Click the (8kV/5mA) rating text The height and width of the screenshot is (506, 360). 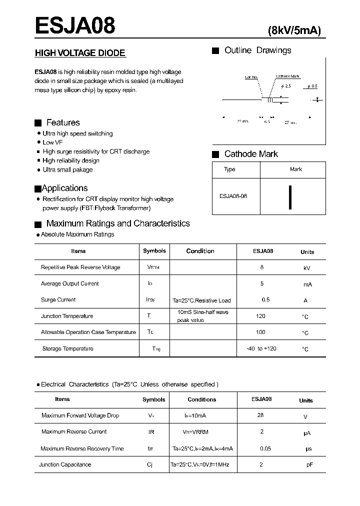(x=294, y=30)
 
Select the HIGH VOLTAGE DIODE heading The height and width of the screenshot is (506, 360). (x=79, y=53)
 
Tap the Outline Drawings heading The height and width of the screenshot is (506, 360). (x=257, y=50)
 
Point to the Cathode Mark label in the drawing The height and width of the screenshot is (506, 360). (x=288, y=76)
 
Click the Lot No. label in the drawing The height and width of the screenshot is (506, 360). (x=251, y=77)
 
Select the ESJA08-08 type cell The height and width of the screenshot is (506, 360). (x=233, y=196)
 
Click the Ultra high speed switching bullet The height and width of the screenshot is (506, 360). (x=77, y=133)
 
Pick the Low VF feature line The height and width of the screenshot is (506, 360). (x=52, y=142)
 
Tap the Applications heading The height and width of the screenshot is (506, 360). (x=64, y=188)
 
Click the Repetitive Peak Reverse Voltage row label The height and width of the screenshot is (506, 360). (x=80, y=267)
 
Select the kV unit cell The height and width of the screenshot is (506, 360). (x=307, y=268)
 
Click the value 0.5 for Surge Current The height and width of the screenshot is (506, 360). (x=265, y=300)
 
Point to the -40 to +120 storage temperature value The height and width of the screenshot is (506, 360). (x=261, y=348)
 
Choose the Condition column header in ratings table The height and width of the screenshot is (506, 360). (x=200, y=251)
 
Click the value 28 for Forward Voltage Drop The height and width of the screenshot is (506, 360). (x=260, y=415)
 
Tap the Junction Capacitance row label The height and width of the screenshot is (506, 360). (x=65, y=464)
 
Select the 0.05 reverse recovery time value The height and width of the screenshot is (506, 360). (x=265, y=448)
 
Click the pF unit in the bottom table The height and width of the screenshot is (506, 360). (x=310, y=464)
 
